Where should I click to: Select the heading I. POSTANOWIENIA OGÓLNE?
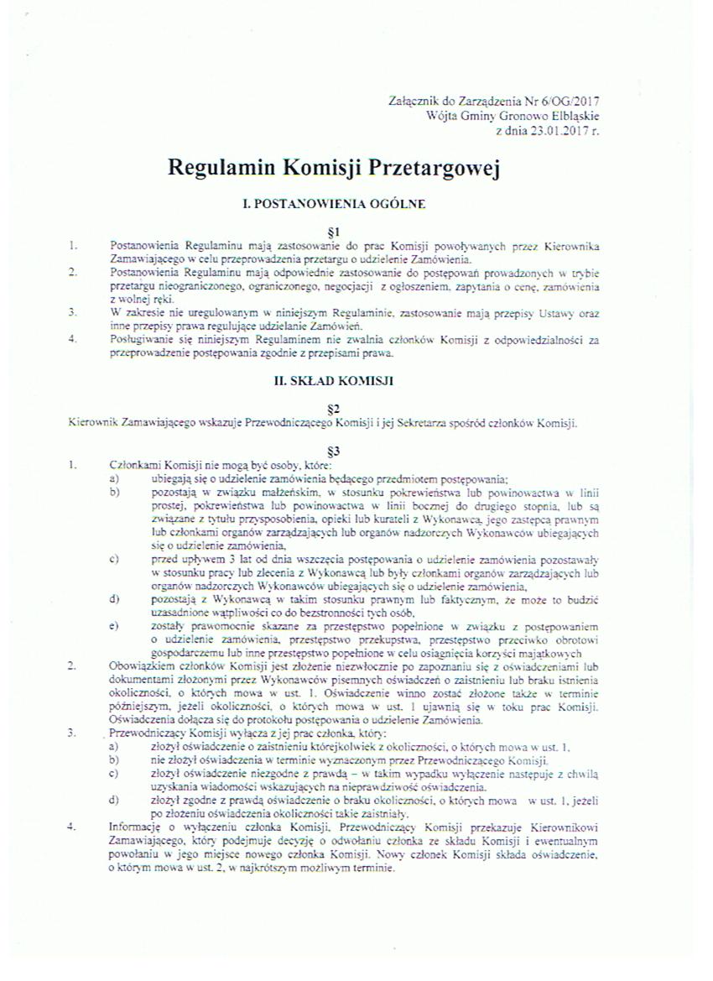coord(333,203)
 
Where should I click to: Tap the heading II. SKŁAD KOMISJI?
coord(334,380)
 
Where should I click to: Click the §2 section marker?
coord(333,408)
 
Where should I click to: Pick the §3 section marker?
coord(333,451)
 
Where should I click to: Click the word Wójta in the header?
coord(443,116)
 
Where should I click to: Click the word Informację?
coord(138,827)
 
